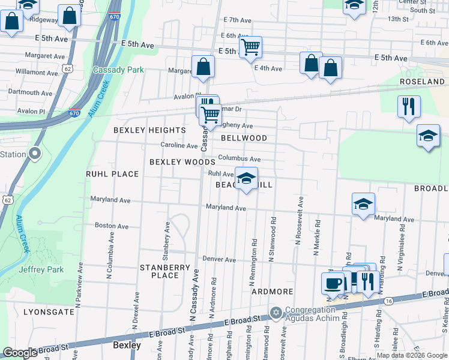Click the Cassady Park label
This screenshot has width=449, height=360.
(118, 70)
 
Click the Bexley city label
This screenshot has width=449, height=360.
(127, 346)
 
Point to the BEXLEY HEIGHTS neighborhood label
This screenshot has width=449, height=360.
(150, 130)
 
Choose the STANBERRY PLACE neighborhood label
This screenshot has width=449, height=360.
(165, 271)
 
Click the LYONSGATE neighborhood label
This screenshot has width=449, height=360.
(47, 312)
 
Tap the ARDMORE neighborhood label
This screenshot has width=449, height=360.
(272, 292)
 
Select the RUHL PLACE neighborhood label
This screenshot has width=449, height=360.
(112, 174)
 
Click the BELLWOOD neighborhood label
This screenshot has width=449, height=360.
(244, 138)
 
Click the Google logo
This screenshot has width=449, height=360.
(20, 353)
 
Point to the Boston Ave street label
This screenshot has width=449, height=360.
(112, 226)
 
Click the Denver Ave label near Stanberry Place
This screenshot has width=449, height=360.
(219, 259)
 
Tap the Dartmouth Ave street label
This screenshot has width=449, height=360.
(31, 93)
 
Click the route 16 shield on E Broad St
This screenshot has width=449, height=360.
(390, 301)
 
